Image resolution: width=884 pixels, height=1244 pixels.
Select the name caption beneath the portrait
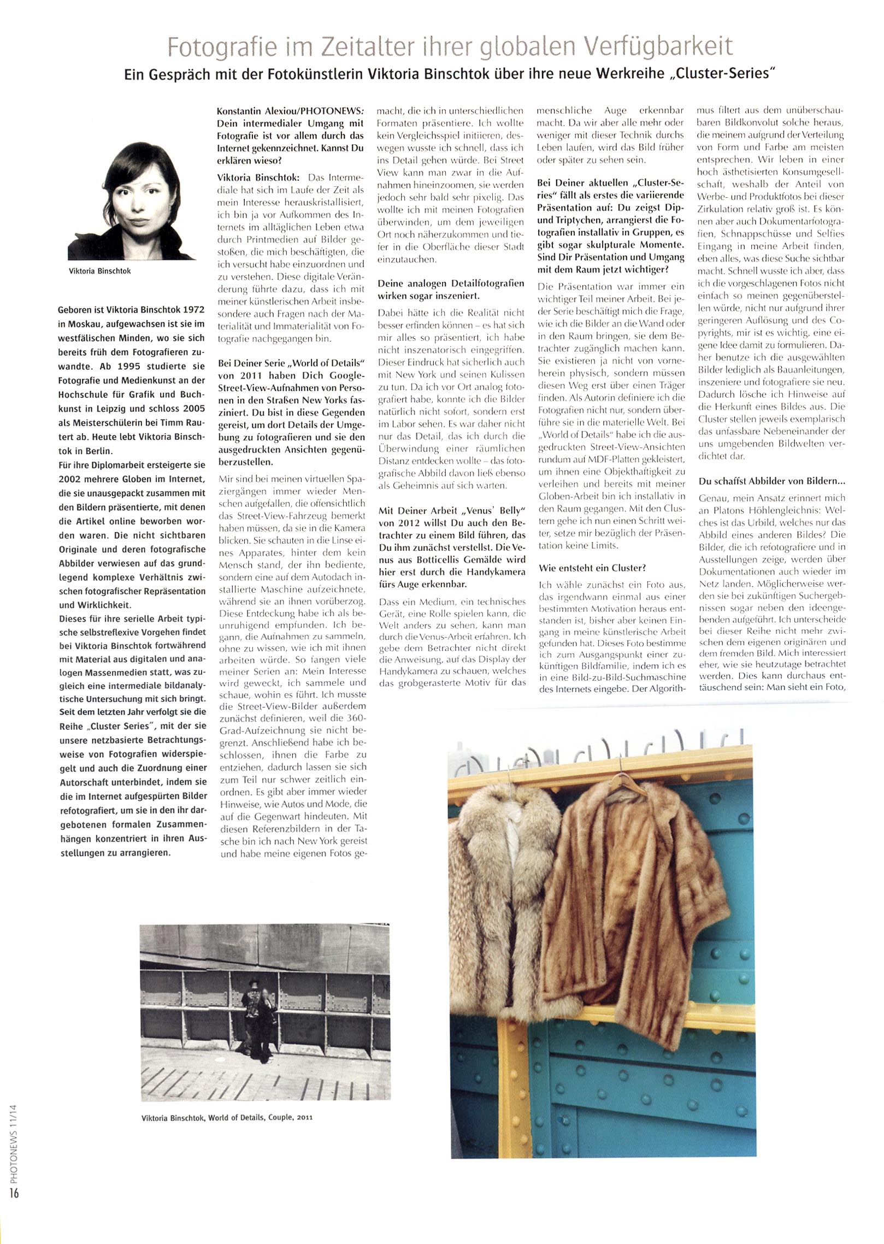[100, 271]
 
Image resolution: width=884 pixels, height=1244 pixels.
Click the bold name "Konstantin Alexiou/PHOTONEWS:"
[290, 111]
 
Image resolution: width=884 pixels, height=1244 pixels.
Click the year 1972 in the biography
[194, 310]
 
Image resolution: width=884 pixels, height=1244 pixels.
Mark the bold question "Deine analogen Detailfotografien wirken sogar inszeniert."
[451, 290]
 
